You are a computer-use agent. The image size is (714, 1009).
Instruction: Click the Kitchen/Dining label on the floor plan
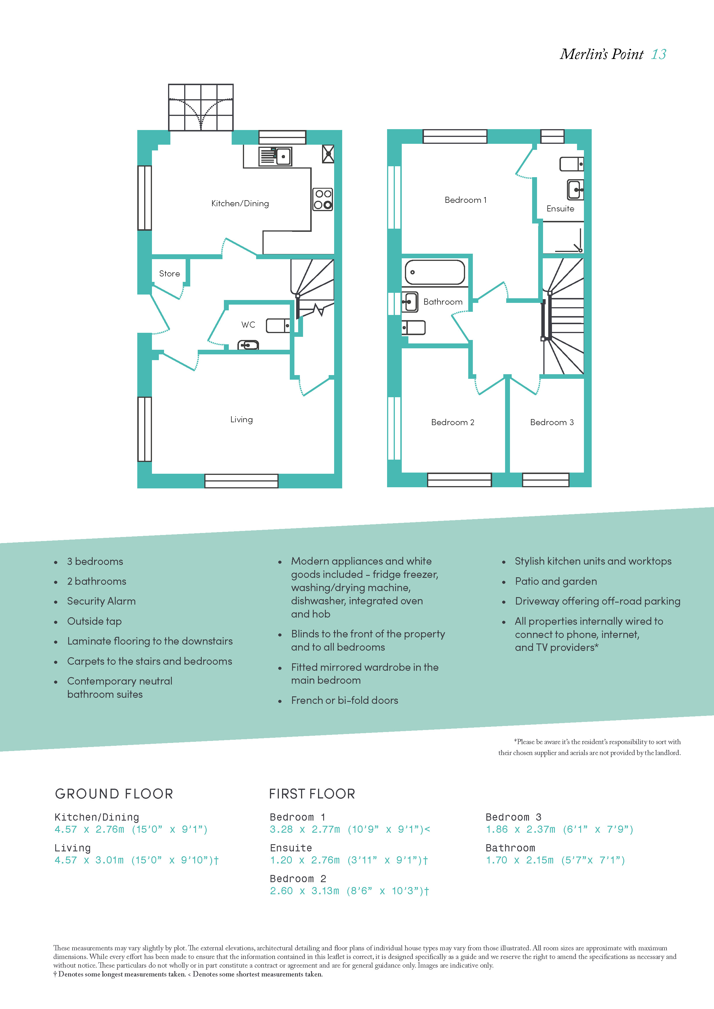pos(240,203)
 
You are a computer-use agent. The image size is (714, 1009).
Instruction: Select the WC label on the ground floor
pos(248,324)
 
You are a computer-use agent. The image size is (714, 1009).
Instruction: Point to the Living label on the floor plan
pos(241,420)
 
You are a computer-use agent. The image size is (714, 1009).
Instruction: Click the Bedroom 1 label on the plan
pos(466,200)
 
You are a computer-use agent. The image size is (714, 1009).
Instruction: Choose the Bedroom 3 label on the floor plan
pos(552,422)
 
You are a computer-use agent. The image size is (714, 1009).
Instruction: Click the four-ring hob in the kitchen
pos(323,199)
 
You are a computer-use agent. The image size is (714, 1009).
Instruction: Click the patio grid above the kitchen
pos(201,107)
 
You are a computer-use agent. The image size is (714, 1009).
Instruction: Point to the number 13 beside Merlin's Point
pos(659,54)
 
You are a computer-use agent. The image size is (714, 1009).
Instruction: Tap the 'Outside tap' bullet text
pos(94,621)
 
